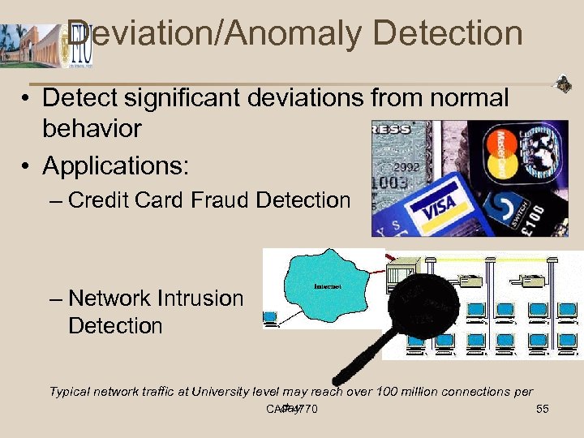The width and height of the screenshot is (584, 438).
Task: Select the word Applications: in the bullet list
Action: pyautogui.click(x=115, y=166)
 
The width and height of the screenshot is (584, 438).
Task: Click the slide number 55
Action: pyautogui.click(x=543, y=409)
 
